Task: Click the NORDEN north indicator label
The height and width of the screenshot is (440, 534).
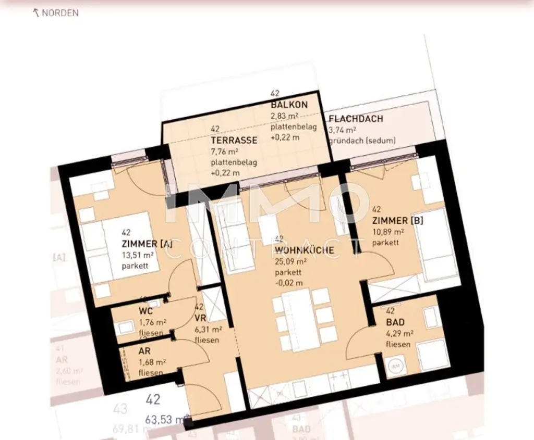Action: (x=59, y=13)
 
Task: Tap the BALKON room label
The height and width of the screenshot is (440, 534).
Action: (x=289, y=105)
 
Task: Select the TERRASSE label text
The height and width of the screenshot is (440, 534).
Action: (x=234, y=140)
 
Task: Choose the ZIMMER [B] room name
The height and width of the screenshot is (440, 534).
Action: (x=397, y=221)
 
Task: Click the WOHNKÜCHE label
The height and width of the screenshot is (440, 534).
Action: (x=304, y=250)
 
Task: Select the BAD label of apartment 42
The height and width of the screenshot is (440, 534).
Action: (x=395, y=323)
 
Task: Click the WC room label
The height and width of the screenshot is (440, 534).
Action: (x=145, y=311)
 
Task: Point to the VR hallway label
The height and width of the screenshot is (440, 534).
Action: (x=200, y=318)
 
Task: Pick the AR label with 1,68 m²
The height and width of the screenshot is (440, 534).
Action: (x=144, y=351)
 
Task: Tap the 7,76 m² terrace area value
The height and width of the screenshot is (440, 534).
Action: (x=225, y=152)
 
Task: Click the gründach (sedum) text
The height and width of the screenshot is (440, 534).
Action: (x=362, y=141)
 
